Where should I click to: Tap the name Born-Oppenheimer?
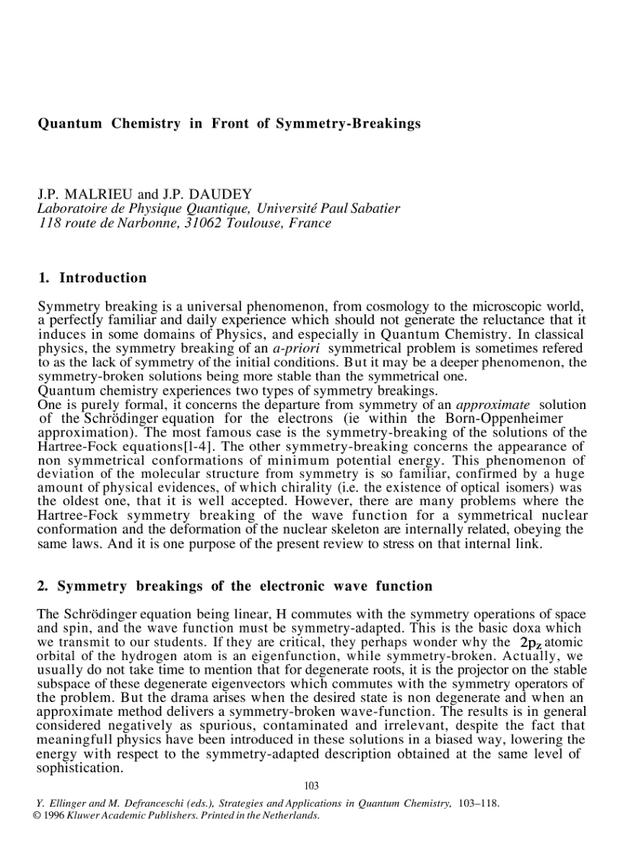pos(497,418)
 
